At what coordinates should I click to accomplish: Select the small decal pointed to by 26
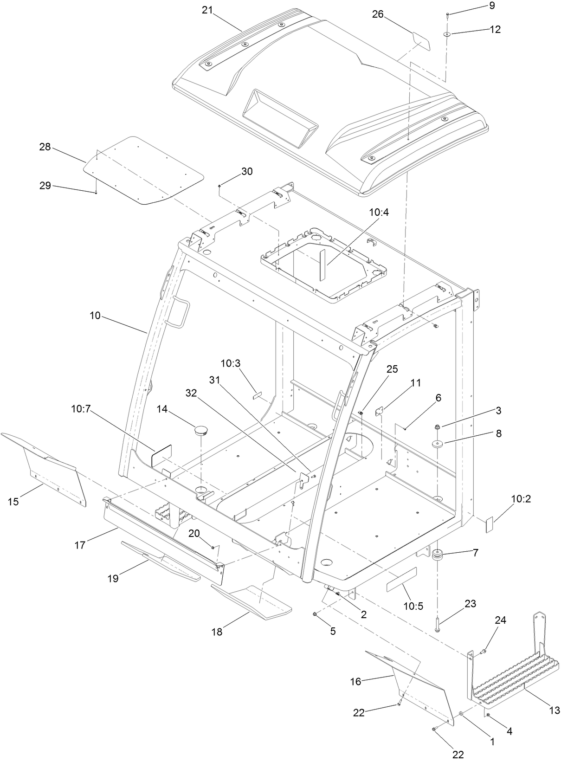pyautogui.click(x=422, y=41)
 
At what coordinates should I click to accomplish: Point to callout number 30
pyautogui.click(x=247, y=171)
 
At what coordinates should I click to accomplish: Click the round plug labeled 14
pyautogui.click(x=200, y=430)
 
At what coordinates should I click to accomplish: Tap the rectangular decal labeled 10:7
pyautogui.click(x=161, y=455)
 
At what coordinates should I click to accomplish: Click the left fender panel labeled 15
pyautogui.click(x=51, y=469)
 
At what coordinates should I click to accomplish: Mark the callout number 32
pyautogui.click(x=191, y=393)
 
